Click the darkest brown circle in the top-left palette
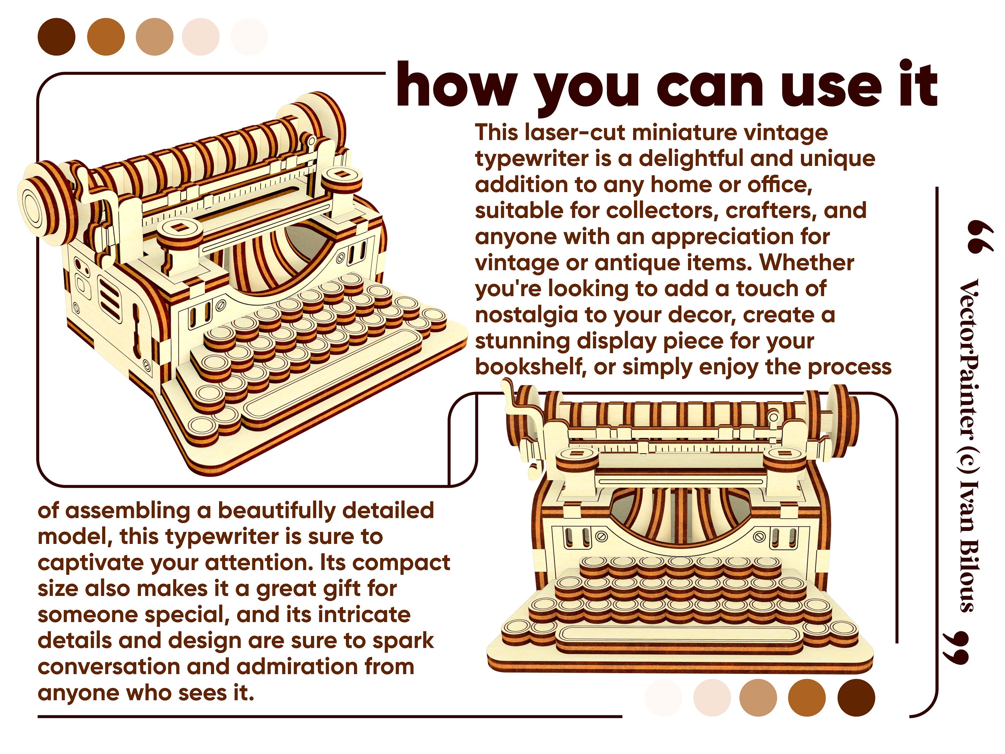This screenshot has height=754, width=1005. [56, 37]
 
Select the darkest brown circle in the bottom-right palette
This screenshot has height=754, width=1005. [856, 698]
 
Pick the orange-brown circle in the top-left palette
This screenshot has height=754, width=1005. [106, 37]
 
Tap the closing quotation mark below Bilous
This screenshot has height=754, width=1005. [956, 648]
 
